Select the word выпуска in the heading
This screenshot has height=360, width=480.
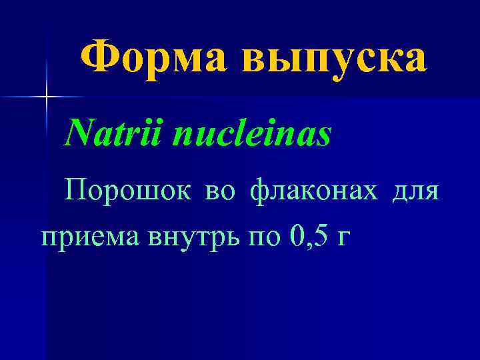334,59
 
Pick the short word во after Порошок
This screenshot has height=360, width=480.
220,192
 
